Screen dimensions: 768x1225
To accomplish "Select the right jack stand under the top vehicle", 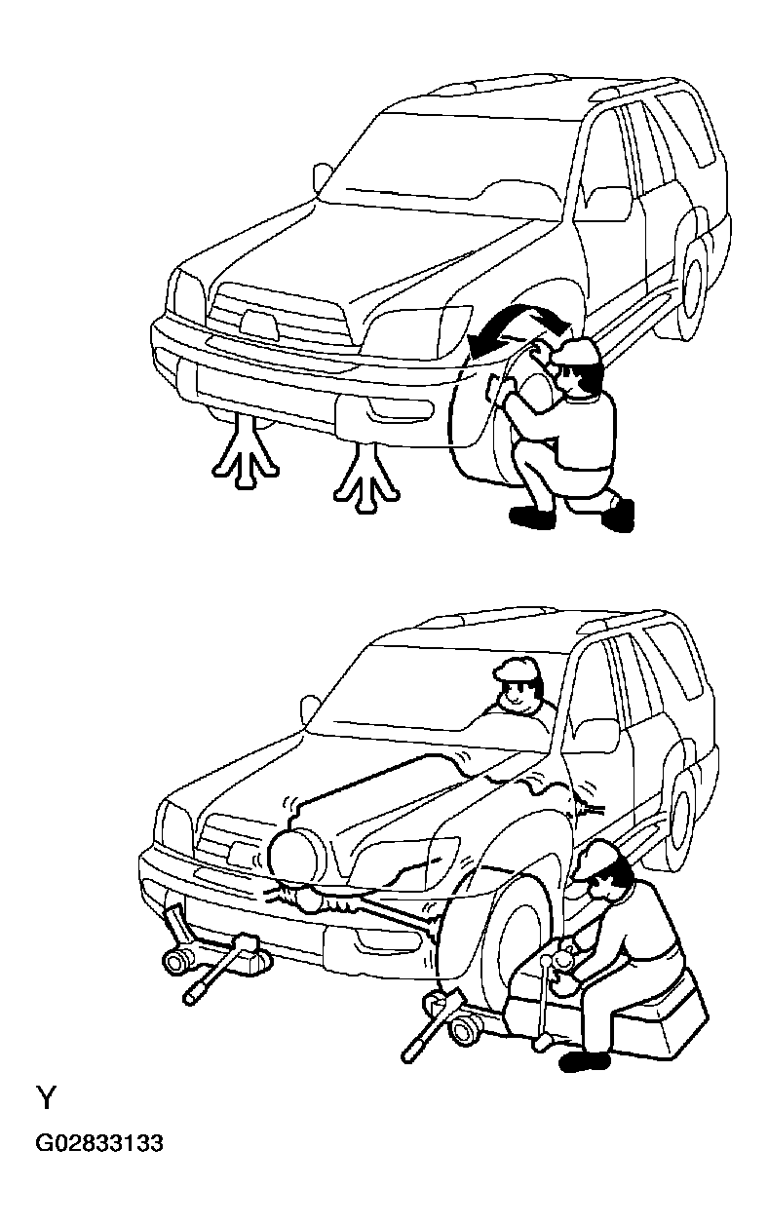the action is tap(365, 475).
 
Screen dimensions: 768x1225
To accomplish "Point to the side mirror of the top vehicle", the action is tap(323, 177).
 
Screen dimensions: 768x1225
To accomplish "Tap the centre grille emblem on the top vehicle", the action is tap(258, 324).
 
